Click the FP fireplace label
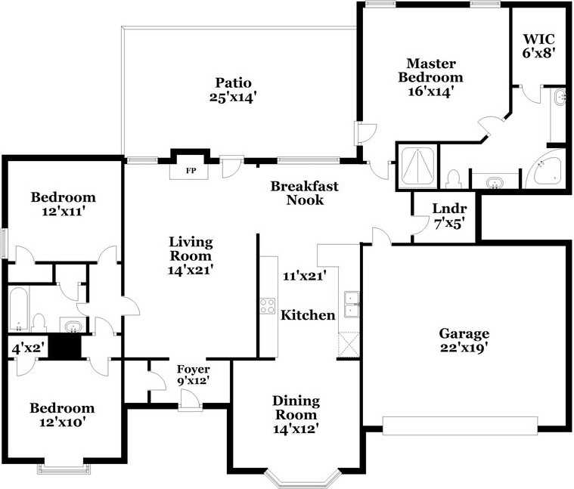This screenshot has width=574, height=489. coord(191,171)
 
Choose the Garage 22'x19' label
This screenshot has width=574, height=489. coord(464,340)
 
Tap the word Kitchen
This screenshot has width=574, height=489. coord(308,315)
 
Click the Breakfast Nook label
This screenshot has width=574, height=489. coord(305,193)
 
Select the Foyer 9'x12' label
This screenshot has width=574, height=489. coord(193,376)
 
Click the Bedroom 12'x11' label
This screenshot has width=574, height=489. coord(63,205)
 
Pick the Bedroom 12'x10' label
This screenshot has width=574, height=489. coord(62,415)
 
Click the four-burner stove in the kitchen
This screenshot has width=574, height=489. coord(268,305)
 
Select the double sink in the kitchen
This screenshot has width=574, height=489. coord(352,303)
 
